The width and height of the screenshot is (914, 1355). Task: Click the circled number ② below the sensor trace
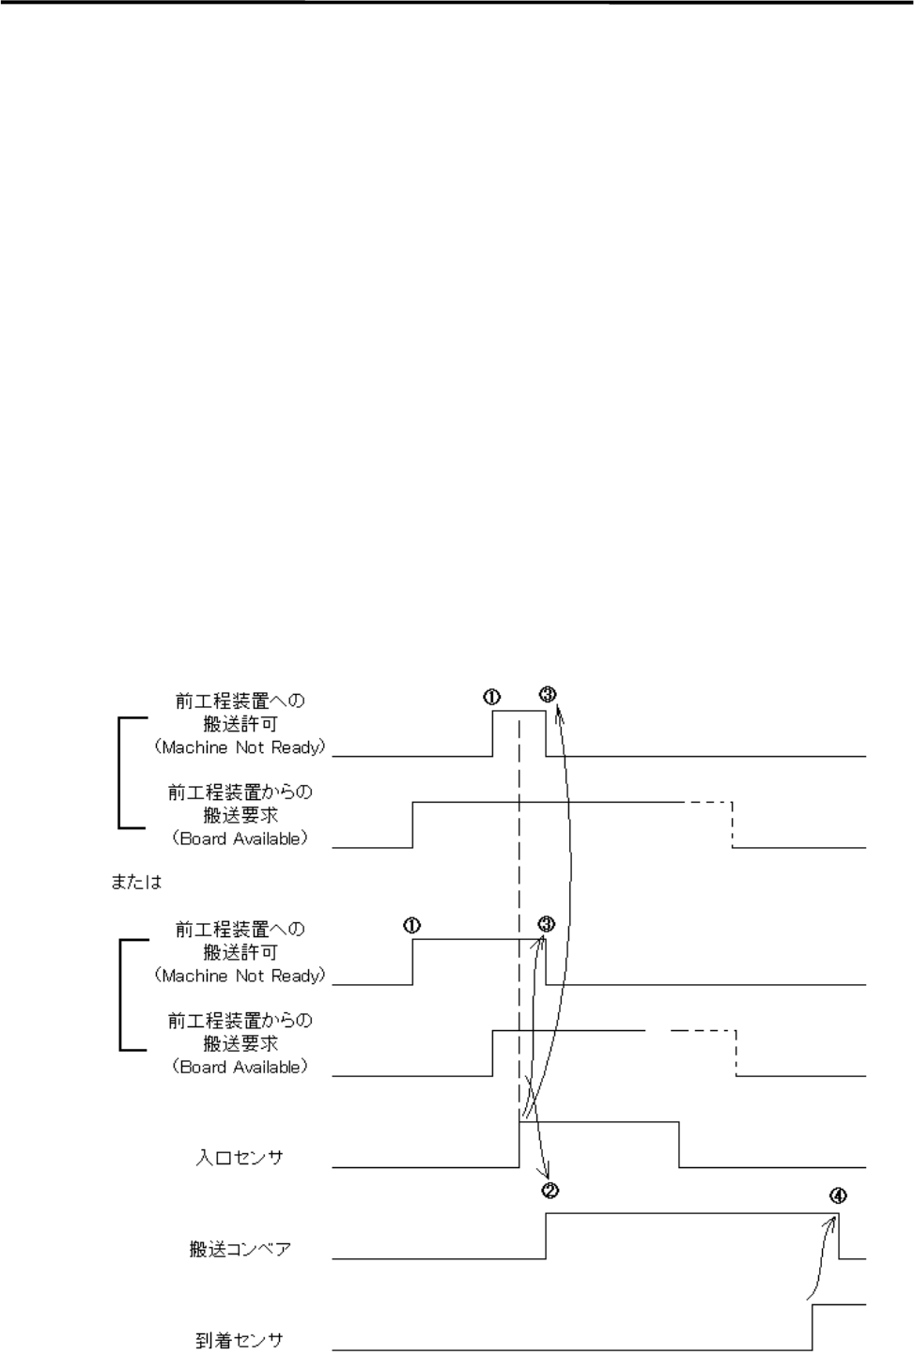pos(550,1191)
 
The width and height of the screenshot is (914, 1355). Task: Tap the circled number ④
pos(839,1196)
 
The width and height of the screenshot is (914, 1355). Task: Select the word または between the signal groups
pos(136,883)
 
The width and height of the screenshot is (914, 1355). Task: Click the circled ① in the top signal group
pos(492,697)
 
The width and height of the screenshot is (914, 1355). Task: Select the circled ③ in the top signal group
pos(549,695)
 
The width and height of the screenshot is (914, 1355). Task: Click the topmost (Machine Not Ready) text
pos(240,747)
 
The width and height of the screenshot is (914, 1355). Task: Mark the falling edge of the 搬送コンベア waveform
pos(839,1236)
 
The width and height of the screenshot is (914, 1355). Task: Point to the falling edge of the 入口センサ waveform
pos(679,1144)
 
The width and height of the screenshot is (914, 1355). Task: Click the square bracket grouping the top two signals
pos(120,773)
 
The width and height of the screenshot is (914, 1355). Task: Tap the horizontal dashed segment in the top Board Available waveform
pos(707,802)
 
